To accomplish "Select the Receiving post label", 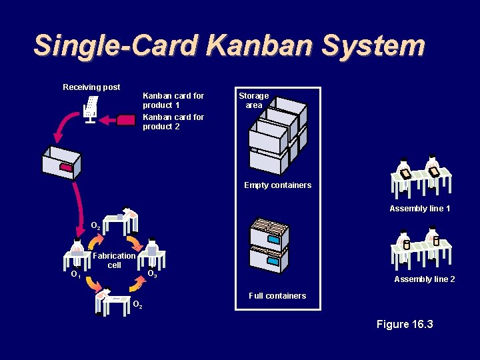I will tap(91, 87).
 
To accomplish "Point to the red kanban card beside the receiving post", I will tap(125, 121).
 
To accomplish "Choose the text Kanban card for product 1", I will tap(173, 101).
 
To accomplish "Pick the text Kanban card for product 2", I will tap(173, 122).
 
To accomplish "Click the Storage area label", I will tap(253, 101).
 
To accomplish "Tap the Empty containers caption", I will tap(277, 185).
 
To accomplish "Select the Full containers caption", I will tap(277, 296).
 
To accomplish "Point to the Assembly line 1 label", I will tap(420, 209).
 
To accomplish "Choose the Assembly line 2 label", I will tap(425, 279).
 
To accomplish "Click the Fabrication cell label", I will tap(115, 260).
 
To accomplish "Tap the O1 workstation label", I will tap(76, 274).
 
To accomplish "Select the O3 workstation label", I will tap(152, 274).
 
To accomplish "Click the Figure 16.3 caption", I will tap(405, 325).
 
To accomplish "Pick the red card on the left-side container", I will tap(66, 167).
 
